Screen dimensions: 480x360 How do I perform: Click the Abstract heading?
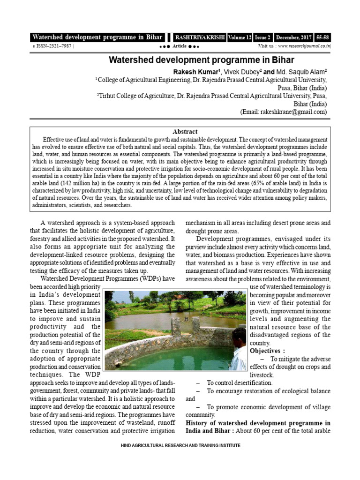(x=185, y=132)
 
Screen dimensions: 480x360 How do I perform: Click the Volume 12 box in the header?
(x=240, y=37)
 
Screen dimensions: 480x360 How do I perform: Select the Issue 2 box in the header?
(x=263, y=37)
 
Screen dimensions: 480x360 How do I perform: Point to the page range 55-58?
(x=323, y=37)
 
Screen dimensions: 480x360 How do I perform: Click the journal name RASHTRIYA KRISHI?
(x=200, y=37)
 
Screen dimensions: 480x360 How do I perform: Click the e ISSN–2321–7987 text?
(x=51, y=46)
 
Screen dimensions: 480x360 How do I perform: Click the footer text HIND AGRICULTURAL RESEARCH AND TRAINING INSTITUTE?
(x=180, y=445)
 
